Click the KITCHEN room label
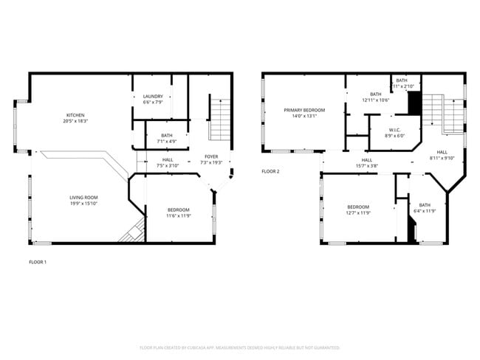(76, 115)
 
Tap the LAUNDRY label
(152, 97)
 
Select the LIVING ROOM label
(83, 198)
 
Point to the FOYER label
(211, 156)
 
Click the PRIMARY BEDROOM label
(304, 110)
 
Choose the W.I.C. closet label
(395, 130)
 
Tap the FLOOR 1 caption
(38, 262)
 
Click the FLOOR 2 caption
(271, 172)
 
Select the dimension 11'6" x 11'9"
(178, 215)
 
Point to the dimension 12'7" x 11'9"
(358, 212)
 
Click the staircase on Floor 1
(220, 118)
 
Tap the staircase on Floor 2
(452, 114)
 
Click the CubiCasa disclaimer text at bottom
(240, 347)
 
